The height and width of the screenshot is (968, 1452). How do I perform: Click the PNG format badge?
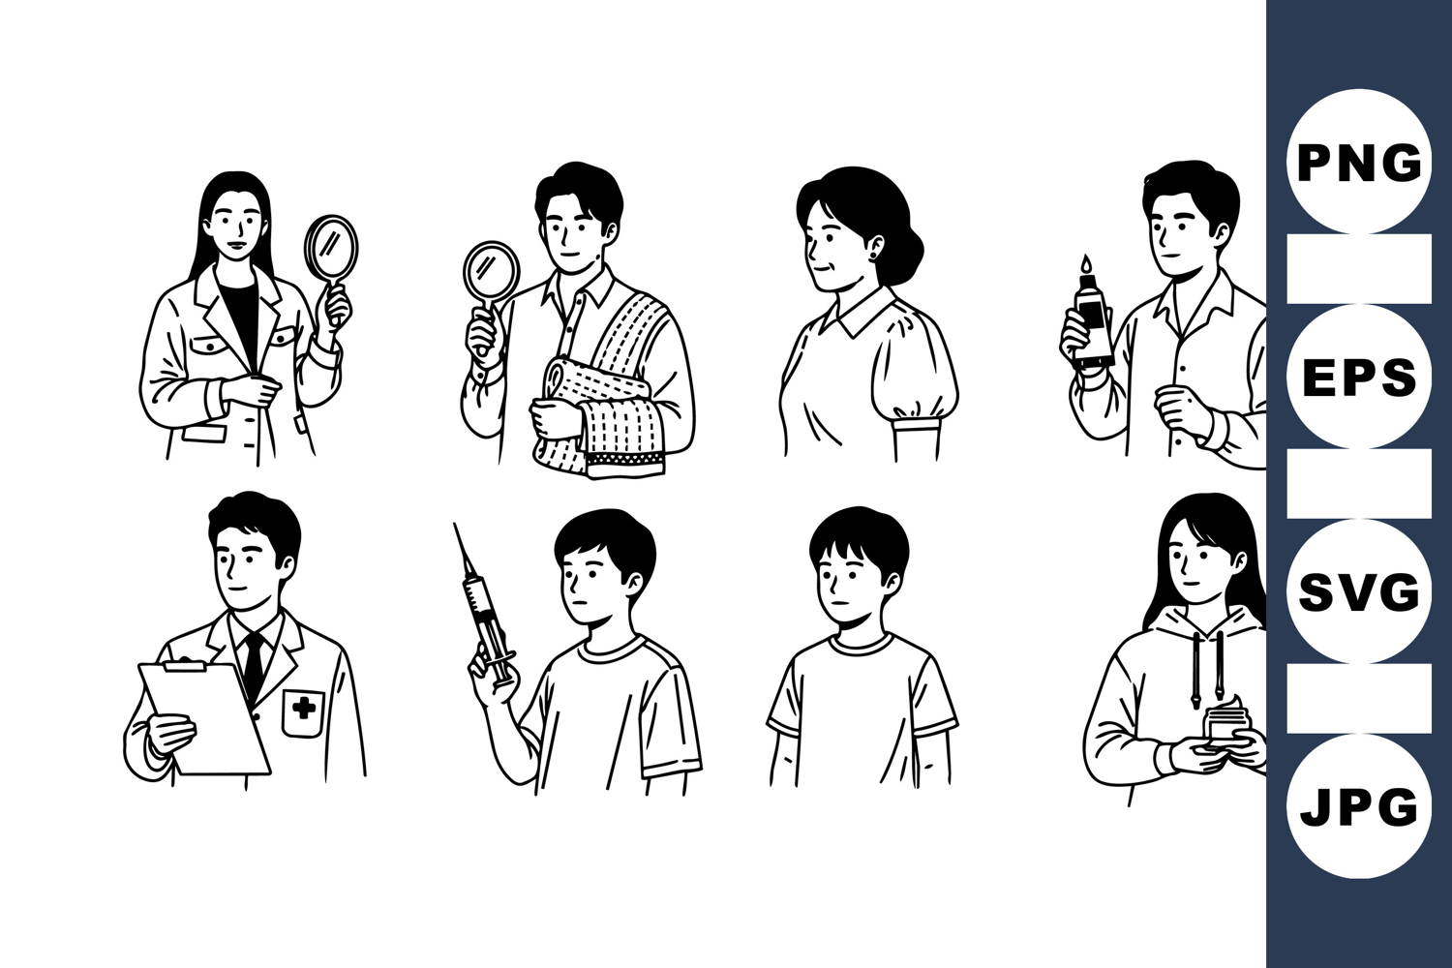pos(1359,161)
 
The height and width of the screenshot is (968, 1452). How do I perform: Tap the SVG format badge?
pos(1359,591)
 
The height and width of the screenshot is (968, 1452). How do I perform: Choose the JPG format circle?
pos(1359,806)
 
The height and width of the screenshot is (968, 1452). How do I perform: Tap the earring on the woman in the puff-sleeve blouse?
pos(880,256)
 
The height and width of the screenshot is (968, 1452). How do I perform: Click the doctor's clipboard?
pos(205,717)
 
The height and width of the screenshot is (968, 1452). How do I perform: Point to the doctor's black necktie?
pos(254,665)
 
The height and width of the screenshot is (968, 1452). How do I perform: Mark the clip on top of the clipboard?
pos(185,665)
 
